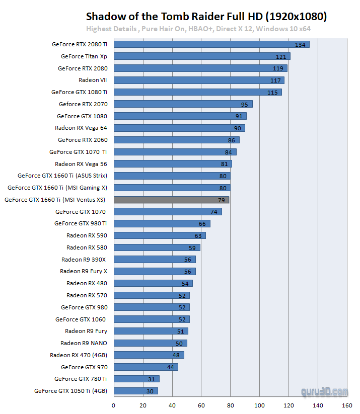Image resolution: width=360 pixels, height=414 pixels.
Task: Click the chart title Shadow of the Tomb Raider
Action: click(206, 17)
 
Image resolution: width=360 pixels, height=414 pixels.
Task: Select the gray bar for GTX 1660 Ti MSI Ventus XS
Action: click(171, 200)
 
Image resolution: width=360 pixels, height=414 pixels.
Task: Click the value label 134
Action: click(301, 45)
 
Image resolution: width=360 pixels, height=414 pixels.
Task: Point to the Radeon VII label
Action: click(93, 80)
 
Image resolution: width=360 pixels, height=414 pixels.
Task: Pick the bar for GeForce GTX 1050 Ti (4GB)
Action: click(136, 391)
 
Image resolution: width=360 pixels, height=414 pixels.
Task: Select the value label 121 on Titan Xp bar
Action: click(281, 56)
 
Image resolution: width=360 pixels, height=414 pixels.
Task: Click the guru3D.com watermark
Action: click(325, 391)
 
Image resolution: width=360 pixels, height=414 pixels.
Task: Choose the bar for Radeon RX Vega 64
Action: click(179, 128)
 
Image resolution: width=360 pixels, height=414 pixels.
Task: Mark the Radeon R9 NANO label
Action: click(84, 343)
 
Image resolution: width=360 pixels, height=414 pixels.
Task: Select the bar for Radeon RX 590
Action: click(159, 235)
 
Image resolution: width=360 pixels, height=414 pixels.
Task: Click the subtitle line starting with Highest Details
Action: click(198, 29)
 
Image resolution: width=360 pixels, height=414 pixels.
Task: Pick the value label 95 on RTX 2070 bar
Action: click(245, 104)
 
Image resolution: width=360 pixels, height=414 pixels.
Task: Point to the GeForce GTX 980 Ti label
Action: click(81, 223)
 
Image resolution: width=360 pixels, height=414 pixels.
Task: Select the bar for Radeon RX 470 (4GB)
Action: click(149, 355)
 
